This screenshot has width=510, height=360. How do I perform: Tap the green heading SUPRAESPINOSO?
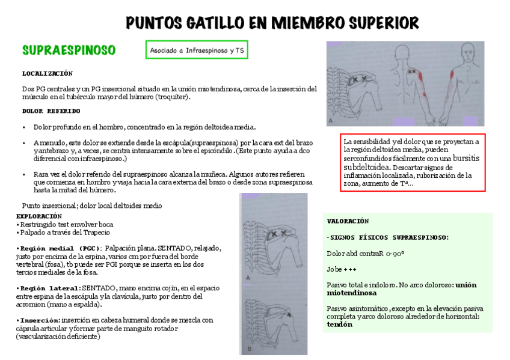pos(69,50)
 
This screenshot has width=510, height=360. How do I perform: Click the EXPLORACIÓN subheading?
pos(39,216)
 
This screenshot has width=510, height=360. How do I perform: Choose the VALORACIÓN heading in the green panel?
pos(348,221)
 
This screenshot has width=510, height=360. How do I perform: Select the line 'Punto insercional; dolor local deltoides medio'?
pos(91,206)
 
